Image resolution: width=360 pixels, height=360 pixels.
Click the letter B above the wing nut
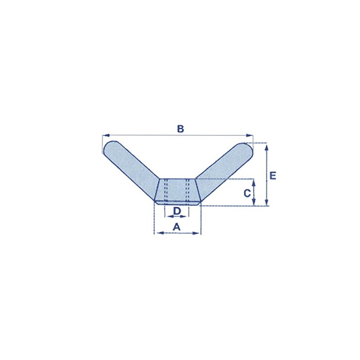180,129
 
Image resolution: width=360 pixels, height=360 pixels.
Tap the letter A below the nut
177,227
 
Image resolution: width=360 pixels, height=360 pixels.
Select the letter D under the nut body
177,211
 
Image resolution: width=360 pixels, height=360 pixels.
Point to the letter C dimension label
247,193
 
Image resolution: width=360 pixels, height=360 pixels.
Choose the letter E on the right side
273,175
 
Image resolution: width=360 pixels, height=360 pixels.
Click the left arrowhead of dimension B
104,135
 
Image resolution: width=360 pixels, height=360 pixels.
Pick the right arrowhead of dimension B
251,135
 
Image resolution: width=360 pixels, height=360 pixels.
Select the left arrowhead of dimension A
156,233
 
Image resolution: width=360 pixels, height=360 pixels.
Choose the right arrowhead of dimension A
198,233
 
